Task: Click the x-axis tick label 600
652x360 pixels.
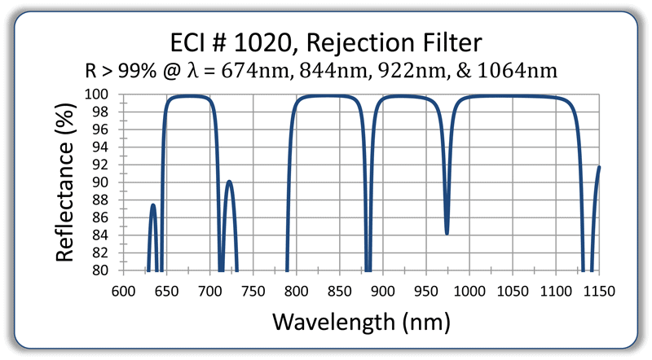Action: click(123, 289)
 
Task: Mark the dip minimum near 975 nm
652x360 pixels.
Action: click(447, 234)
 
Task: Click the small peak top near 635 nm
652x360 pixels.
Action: click(153, 204)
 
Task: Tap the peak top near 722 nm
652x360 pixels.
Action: click(229, 181)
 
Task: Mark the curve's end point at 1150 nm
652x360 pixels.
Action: click(599, 167)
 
